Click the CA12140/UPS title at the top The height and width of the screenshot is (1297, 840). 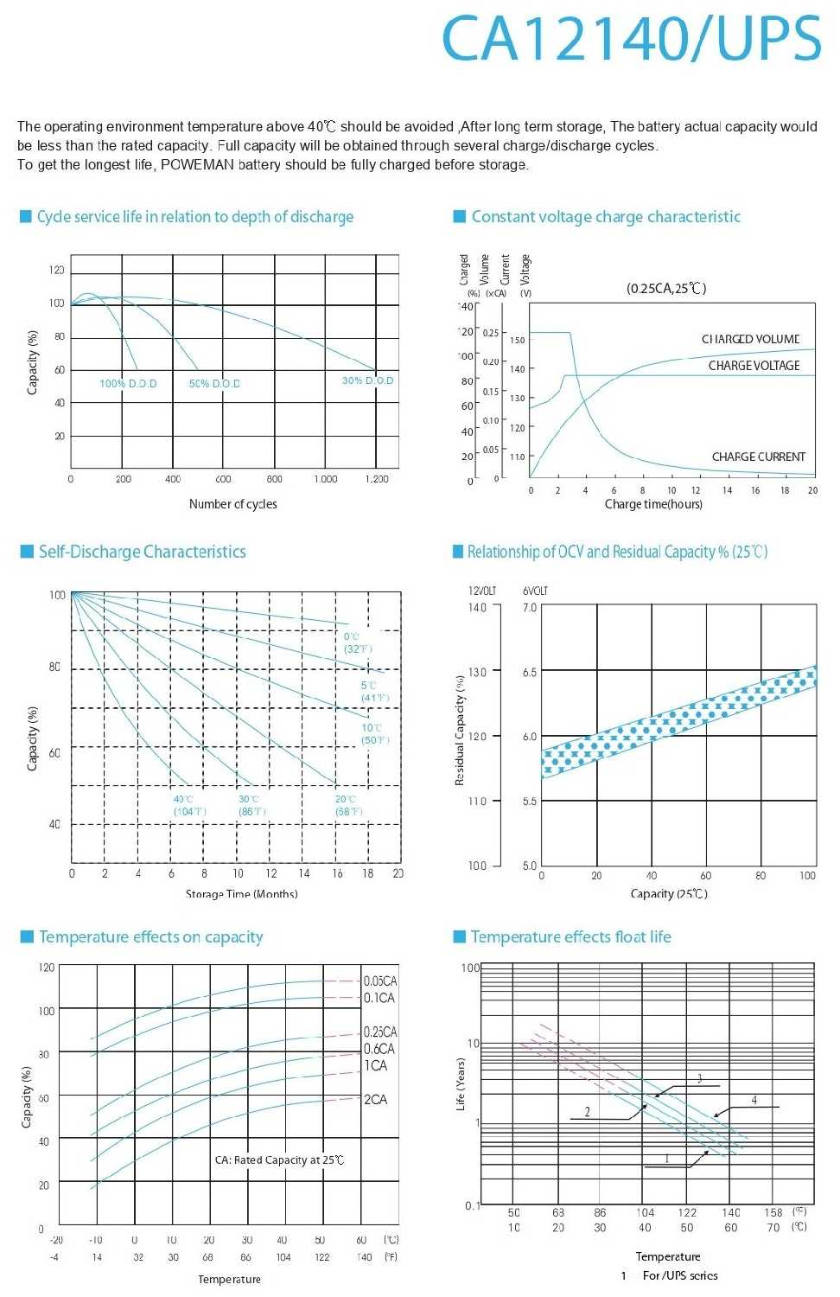[631, 39]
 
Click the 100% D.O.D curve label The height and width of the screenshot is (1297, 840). [128, 384]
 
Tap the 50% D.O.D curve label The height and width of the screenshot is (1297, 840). [214, 384]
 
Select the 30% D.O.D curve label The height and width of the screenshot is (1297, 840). [367, 380]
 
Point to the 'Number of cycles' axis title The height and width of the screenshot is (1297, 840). [233, 504]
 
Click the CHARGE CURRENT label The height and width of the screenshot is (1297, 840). [758, 457]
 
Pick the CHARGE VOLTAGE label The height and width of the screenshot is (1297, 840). [754, 366]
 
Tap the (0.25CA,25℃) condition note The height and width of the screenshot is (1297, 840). [666, 289]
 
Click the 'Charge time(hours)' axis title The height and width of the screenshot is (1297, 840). [653, 504]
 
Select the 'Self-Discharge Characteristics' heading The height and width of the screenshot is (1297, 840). [143, 552]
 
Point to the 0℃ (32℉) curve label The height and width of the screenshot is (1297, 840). [358, 642]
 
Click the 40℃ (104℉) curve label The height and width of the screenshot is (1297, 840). [189, 805]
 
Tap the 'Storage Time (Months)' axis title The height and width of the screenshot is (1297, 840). [242, 894]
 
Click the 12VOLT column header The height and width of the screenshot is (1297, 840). [482, 591]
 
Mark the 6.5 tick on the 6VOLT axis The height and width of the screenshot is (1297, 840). [529, 672]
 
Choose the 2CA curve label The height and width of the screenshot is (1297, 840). [375, 1100]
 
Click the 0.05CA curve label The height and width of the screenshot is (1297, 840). [380, 981]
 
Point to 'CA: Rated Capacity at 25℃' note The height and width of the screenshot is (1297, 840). [279, 1160]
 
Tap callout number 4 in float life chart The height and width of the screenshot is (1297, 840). [754, 1101]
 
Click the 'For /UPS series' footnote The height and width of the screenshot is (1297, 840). [680, 1275]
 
